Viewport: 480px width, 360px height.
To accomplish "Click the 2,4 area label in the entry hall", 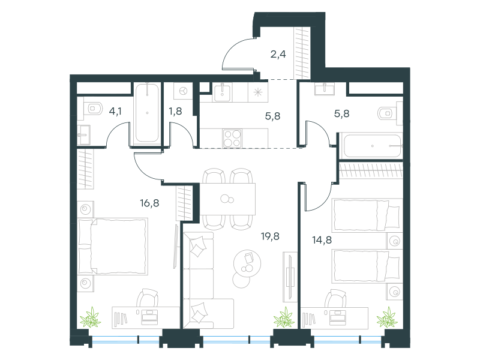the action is [278, 55].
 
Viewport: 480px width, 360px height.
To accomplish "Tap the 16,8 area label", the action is [149, 203].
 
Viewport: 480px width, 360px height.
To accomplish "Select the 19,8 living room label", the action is [270, 236].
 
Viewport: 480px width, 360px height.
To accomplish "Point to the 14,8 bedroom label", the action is [322, 240].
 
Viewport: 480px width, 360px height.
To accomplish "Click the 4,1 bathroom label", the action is [115, 111].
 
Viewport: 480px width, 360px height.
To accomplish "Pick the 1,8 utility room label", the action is [175, 111].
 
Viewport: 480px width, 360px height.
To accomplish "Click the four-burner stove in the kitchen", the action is [233, 139].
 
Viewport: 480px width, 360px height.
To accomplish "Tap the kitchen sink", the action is [222, 92].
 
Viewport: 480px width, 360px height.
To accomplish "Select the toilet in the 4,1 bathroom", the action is [93, 109].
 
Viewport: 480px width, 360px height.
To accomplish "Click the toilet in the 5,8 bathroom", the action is [387, 113].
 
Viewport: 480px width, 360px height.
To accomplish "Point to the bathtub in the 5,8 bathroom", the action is [372, 146].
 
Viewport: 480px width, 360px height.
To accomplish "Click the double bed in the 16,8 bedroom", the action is [113, 247].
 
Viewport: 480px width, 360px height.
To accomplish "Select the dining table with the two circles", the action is [227, 199].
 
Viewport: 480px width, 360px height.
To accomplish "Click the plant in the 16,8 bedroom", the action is [91, 317].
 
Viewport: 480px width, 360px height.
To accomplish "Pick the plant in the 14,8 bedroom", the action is [387, 317].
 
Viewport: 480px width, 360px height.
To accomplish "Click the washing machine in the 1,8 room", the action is [184, 91].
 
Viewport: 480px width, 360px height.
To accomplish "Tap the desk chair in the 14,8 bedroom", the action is [335, 298].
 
